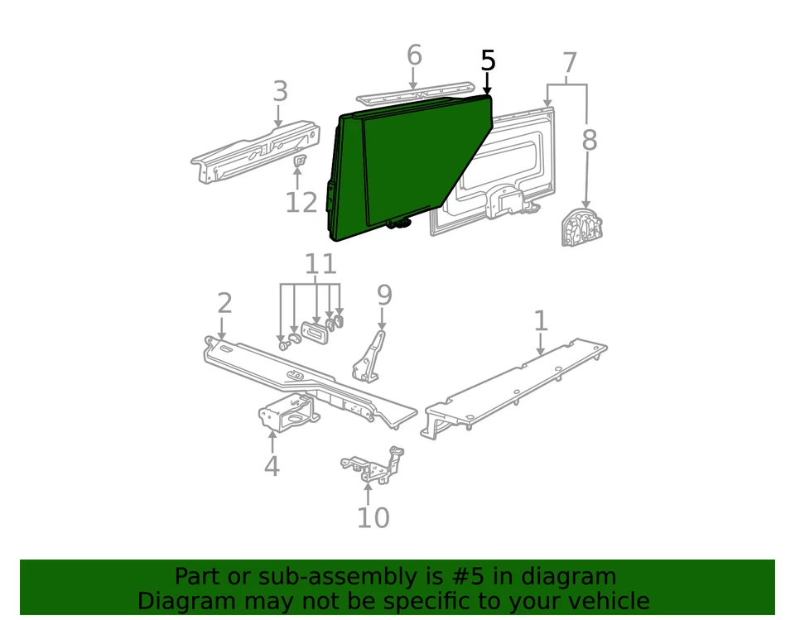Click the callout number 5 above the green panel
pos(488,60)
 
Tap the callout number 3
pos(281,91)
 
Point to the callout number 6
pos(414,56)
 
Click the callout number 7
pos(569,64)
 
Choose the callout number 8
pos(589,140)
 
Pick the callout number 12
pos(301,201)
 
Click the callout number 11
pos(320,264)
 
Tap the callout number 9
pos(383,294)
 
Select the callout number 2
pos(224,304)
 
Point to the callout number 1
pos(540,320)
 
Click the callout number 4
pos(272,466)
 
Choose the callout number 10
pos(373,517)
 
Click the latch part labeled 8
pos(581,228)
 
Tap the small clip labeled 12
pos(300,159)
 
